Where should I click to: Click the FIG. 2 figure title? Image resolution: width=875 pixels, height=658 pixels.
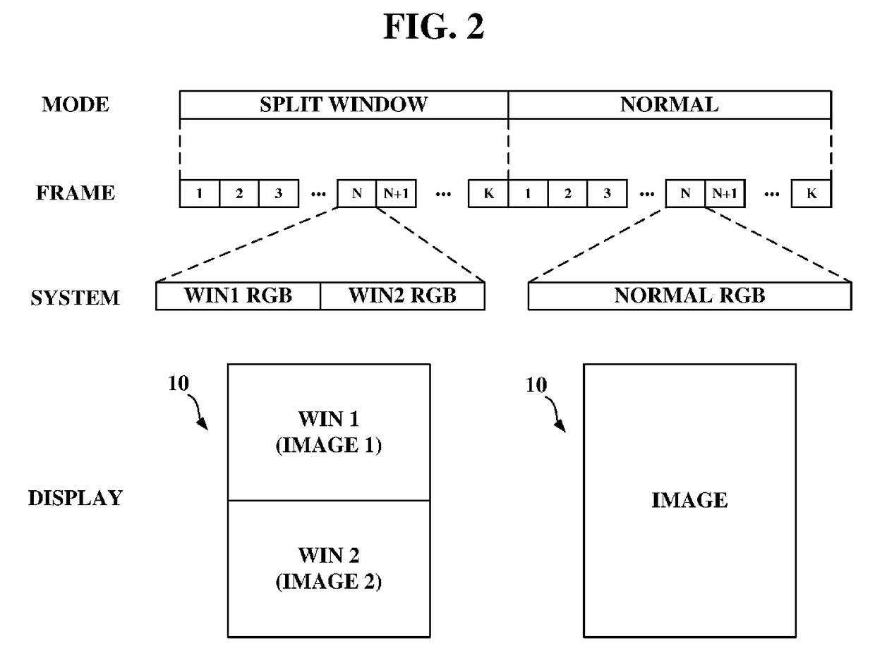pos(433,27)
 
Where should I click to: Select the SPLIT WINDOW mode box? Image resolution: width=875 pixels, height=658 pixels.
pos(344,105)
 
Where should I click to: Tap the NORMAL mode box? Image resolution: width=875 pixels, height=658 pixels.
pos(670,105)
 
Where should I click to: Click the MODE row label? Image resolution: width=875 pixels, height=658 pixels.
pos(76,105)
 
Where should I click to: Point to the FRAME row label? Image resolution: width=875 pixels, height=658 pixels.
pos(76,193)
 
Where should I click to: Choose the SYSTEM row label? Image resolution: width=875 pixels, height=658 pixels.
pos(76,298)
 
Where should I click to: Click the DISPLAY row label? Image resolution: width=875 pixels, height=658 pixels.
pos(76,498)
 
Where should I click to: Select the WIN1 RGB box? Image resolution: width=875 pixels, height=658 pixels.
pos(238,296)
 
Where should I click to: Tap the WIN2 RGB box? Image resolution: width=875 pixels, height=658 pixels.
pos(403,296)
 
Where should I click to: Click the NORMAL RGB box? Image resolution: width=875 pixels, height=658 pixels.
pos(690,296)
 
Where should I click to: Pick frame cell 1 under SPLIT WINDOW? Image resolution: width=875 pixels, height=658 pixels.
pos(199,193)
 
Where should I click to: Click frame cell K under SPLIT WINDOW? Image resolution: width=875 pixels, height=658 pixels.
pos(488,193)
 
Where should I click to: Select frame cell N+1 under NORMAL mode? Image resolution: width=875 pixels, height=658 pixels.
pos(725,193)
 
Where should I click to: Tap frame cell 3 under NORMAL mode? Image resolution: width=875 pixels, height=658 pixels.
pos(607,193)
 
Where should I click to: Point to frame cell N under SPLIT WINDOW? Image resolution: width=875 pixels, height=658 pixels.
pos(357,193)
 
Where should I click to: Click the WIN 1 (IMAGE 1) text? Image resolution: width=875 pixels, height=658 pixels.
pos(329,432)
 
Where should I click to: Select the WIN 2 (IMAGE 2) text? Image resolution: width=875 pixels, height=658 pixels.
pos(329,568)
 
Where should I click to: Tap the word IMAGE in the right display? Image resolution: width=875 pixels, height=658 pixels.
pos(689,500)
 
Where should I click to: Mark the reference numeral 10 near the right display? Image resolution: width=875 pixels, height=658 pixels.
pos(536,385)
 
